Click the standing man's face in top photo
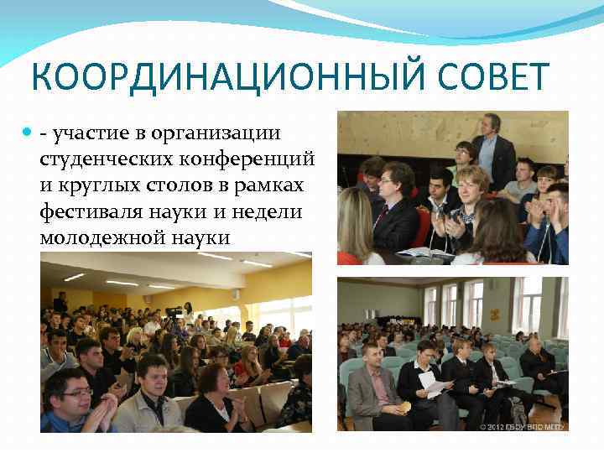(x=491, y=123)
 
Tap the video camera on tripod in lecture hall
(x=174, y=315)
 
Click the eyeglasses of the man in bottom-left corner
(x=76, y=392)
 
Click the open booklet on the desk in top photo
(x=423, y=253)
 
